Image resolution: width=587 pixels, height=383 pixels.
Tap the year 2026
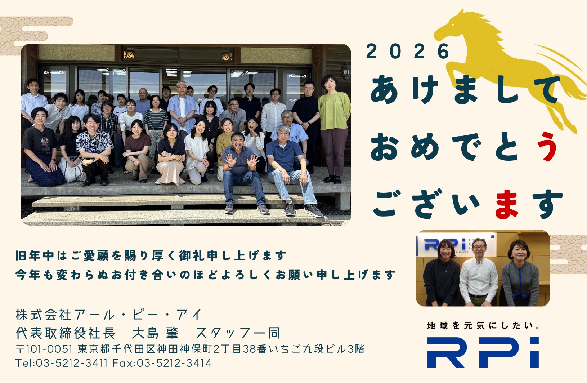pos(408,51)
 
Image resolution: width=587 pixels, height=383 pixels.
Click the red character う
pos(546,146)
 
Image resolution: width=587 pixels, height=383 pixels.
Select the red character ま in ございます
pos(507,204)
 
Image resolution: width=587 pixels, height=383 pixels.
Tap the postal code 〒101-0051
pos(44,349)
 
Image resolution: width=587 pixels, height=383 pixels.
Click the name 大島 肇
pos(155,333)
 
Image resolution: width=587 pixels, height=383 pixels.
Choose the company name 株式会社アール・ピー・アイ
pos(108,315)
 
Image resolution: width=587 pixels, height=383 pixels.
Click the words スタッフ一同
pos(238,333)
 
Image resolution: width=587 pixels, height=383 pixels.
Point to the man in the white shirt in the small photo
pos(479,273)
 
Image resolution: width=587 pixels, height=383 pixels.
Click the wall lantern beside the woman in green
pos(346,71)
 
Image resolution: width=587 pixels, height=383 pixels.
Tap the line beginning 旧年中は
pos(151,255)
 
